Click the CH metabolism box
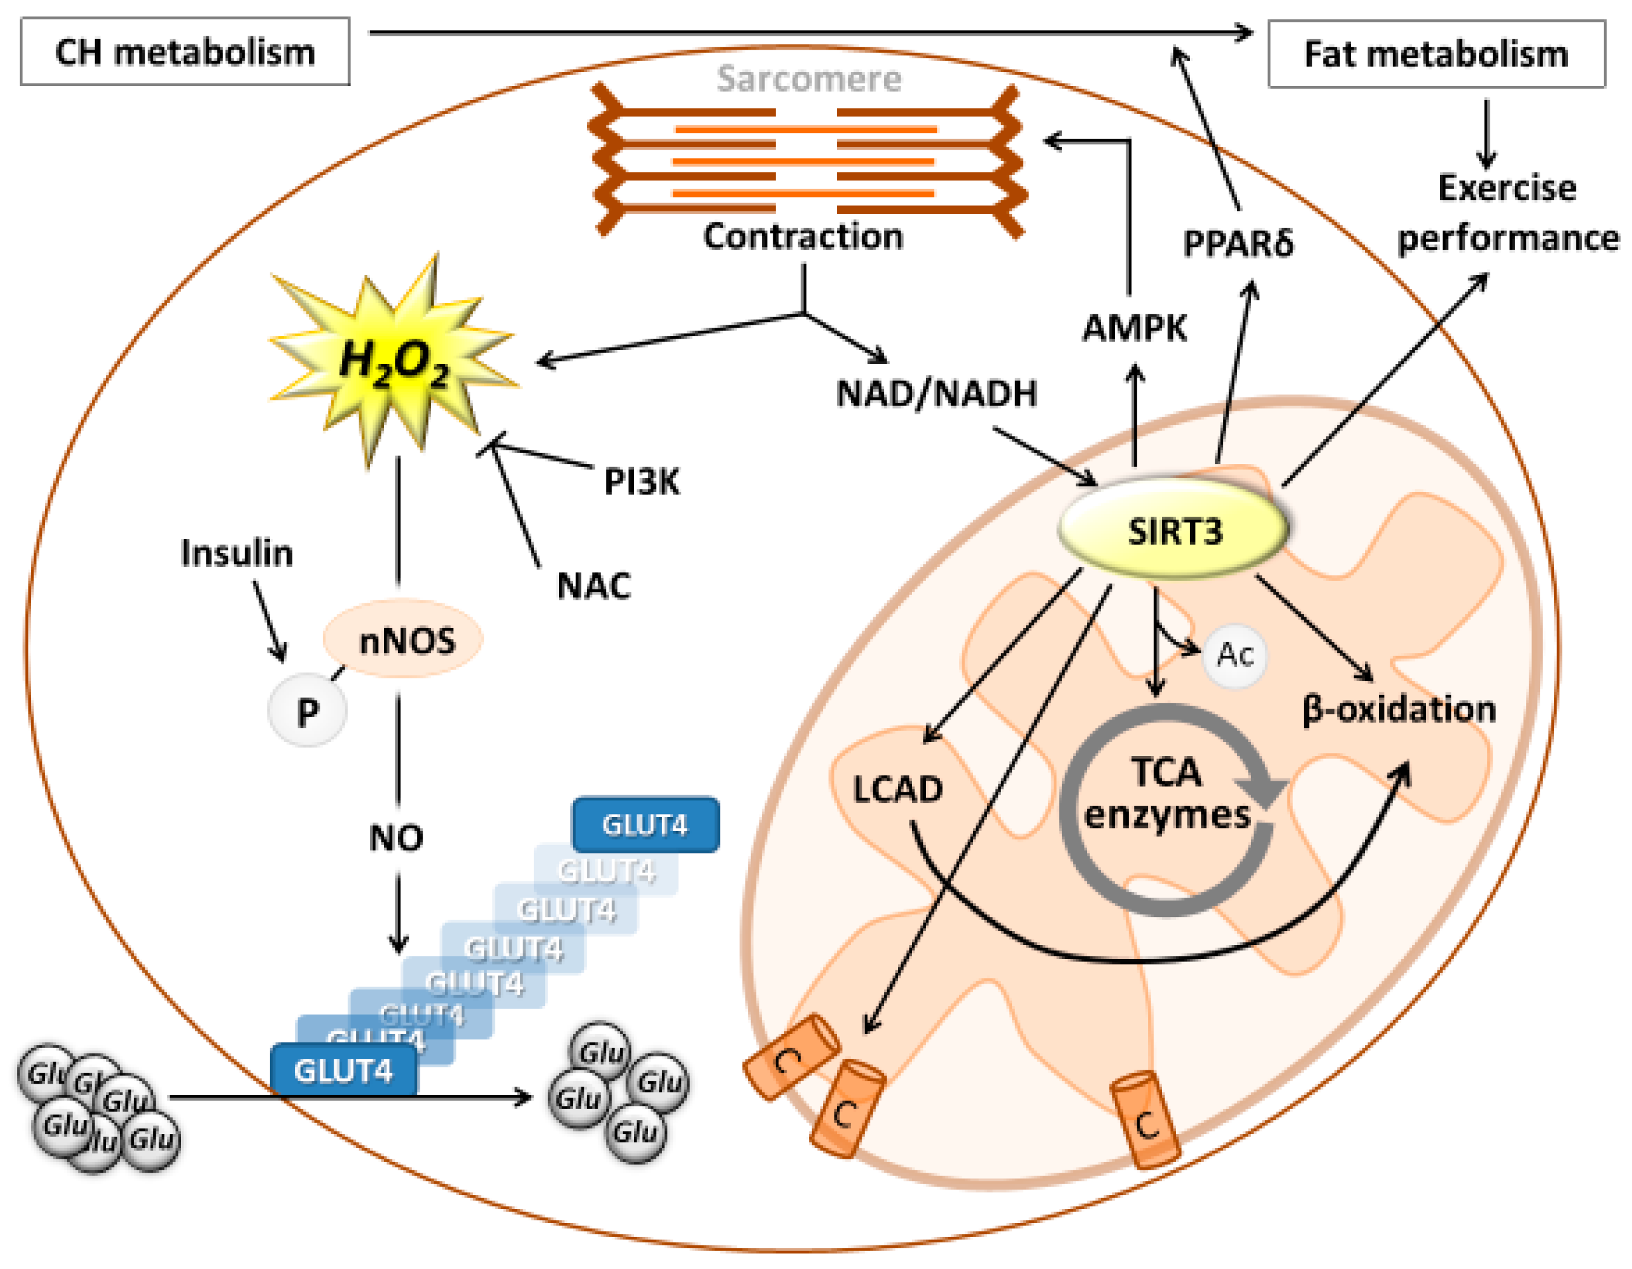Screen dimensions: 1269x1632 point(185,51)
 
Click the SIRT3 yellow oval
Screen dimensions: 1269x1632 point(1173,531)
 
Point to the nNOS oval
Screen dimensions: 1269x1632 point(403,640)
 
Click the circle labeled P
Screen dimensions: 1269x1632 point(307,711)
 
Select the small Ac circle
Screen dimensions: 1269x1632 point(1235,655)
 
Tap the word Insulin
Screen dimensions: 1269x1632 point(237,554)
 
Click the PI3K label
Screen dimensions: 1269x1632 point(641,482)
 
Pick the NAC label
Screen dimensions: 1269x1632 point(594,586)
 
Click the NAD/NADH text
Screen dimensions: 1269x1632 point(936,394)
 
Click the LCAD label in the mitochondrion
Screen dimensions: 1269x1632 point(897,790)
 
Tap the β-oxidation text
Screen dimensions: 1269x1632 point(1398,709)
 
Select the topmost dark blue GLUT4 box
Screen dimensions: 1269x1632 point(646,824)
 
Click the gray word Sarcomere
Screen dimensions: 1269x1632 point(808,79)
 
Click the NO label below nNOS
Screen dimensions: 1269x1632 point(396,838)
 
